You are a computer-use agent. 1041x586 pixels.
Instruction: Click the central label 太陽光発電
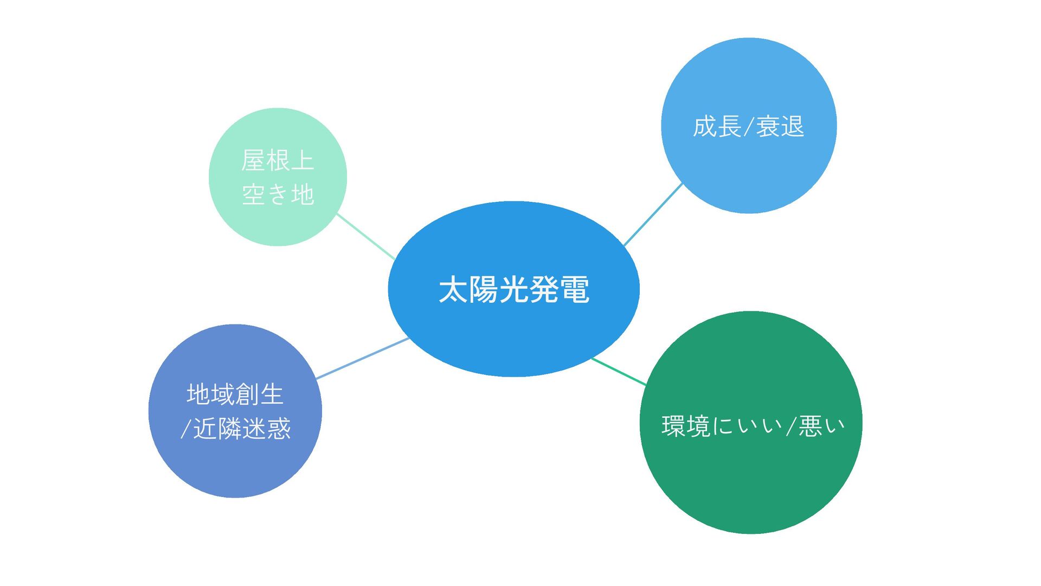pos(513,290)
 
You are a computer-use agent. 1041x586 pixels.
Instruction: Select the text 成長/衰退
pos(748,126)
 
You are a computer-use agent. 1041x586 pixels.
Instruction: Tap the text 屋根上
pos(278,161)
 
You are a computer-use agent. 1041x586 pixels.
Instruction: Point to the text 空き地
pos(278,194)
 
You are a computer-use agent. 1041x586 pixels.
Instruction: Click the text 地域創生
pos(235,394)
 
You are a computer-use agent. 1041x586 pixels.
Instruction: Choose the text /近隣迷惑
pos(236,429)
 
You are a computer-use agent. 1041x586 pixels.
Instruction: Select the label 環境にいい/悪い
pos(753,426)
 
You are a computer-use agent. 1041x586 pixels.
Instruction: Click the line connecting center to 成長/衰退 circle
pos(653,214)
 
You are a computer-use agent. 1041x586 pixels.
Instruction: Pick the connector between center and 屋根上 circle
pos(366,237)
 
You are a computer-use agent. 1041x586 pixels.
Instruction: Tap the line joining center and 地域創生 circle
pos(362,358)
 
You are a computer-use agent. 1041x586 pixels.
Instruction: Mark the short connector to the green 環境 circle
pos(619,372)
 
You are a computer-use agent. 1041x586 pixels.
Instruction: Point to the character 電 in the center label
pos(575,290)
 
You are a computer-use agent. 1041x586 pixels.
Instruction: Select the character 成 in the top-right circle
pos(705,126)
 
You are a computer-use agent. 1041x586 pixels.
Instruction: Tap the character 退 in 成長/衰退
pos(792,126)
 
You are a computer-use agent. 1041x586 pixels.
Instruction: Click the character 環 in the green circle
pos(673,426)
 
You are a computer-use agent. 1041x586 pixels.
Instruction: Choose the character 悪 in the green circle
pos(811,426)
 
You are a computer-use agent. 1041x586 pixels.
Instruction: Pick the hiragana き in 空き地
pos(278,194)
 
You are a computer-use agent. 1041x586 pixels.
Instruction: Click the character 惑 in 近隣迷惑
pos(279,429)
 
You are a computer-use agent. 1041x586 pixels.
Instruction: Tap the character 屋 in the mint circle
pos(253,161)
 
